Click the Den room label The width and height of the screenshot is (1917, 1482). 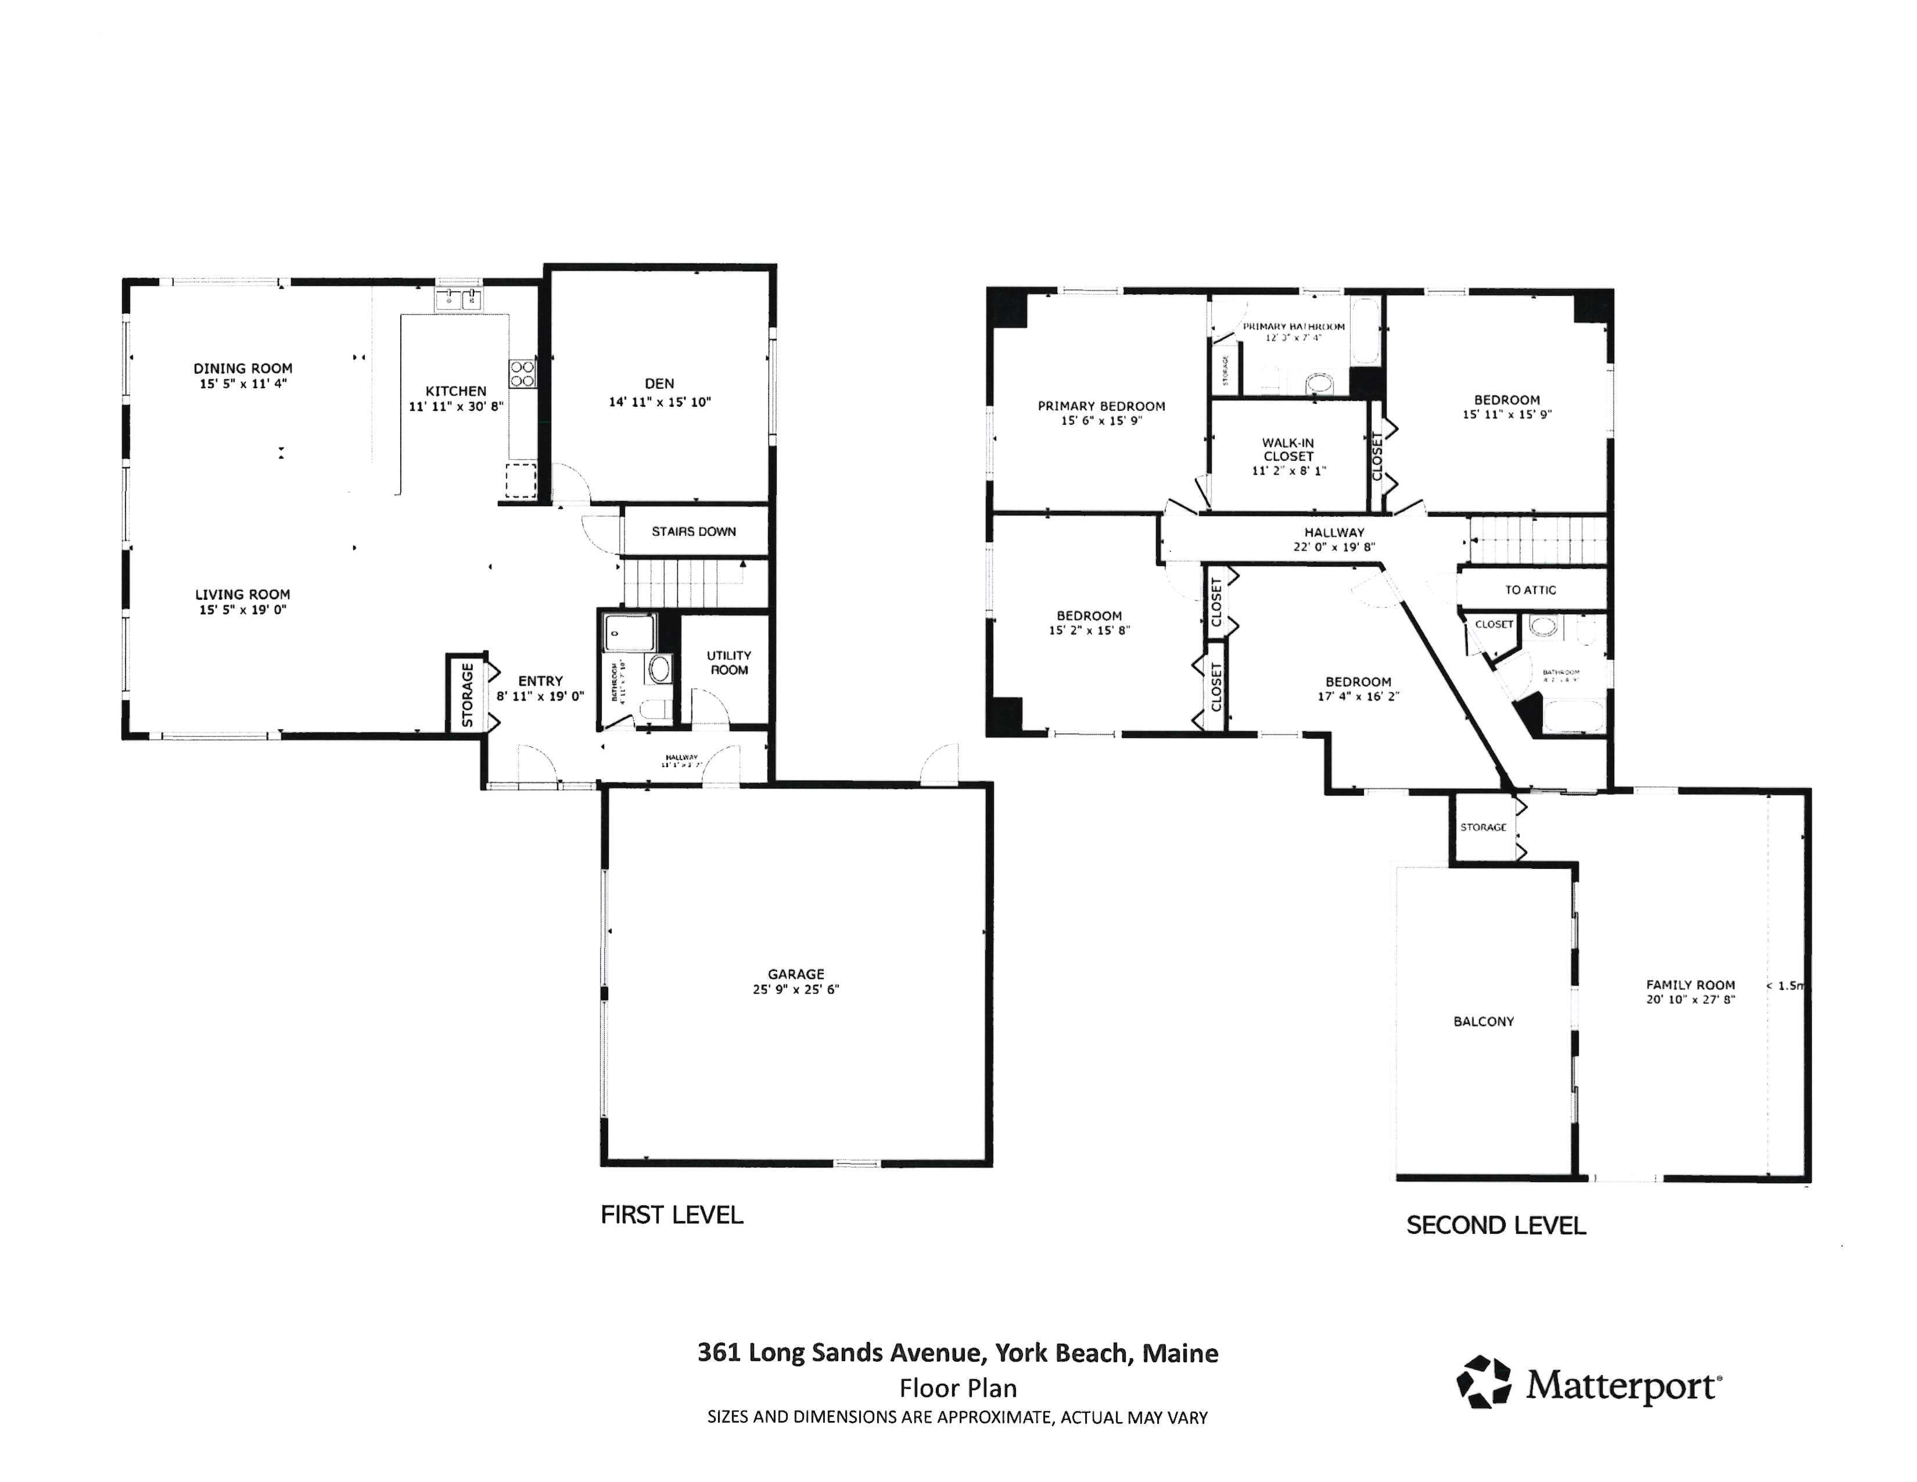659,384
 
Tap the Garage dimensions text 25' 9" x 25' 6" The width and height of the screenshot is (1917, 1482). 795,990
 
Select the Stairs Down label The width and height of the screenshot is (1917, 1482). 694,531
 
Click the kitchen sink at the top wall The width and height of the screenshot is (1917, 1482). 459,299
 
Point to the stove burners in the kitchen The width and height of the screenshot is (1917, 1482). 522,374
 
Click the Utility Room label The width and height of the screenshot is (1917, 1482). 728,663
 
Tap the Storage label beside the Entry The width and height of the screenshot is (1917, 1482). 467,695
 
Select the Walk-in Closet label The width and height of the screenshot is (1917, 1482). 1288,449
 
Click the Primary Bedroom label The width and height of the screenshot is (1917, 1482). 1101,406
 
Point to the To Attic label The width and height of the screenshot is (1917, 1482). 1530,590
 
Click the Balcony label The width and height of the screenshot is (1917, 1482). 1484,1022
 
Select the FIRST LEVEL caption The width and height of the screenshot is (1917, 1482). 672,1215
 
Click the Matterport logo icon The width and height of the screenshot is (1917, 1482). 1484,1381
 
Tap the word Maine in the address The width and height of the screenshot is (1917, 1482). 1180,1353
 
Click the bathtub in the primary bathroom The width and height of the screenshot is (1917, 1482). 1365,334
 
